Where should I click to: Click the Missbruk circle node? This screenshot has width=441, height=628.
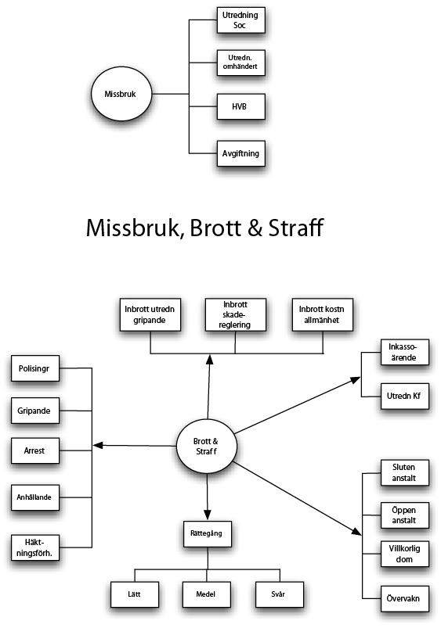(x=121, y=94)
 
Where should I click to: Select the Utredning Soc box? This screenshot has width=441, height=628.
(x=240, y=20)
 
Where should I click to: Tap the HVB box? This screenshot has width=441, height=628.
(x=240, y=106)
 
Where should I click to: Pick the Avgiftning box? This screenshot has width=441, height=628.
(x=240, y=153)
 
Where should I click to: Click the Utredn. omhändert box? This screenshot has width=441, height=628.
(x=240, y=63)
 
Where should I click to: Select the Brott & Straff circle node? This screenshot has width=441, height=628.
(x=207, y=446)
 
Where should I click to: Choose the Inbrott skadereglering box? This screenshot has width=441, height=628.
(x=236, y=315)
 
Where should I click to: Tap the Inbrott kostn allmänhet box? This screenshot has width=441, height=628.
(x=323, y=315)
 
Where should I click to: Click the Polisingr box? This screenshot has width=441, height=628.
(x=35, y=368)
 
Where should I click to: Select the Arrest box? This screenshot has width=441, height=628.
(x=35, y=450)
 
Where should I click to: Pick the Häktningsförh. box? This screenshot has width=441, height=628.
(x=35, y=547)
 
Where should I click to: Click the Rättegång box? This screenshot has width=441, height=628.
(x=208, y=533)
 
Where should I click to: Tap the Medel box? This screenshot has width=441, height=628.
(x=207, y=594)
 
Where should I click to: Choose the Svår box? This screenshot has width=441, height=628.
(x=280, y=594)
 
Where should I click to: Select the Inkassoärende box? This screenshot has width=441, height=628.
(x=405, y=352)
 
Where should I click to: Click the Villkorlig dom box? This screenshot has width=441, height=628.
(x=405, y=554)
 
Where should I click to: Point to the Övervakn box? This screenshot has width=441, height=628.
(x=405, y=598)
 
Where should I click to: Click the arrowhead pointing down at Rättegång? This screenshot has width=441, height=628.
(x=207, y=515)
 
